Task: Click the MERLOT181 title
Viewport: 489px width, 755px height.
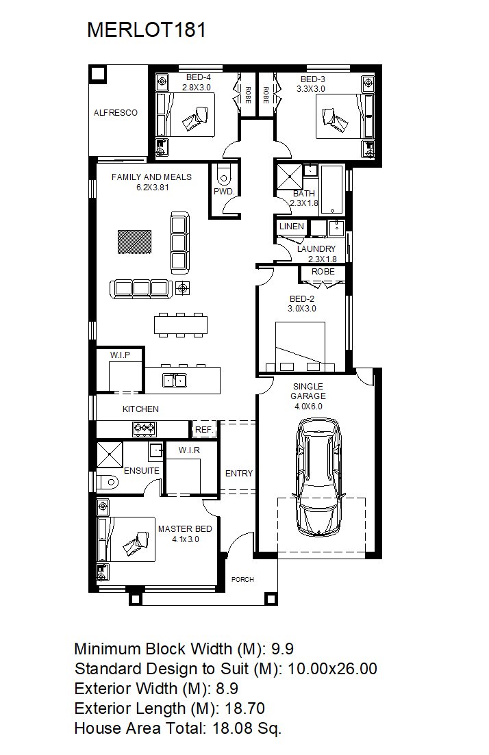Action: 147,30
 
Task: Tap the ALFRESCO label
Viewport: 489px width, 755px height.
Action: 116,113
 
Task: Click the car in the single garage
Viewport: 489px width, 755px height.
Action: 318,477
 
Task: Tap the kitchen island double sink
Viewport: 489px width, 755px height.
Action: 174,381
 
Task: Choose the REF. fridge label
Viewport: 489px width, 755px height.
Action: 204,429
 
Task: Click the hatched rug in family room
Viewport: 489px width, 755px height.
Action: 134,241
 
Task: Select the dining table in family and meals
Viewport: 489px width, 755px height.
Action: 181,325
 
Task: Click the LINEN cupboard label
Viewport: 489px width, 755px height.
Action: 292,227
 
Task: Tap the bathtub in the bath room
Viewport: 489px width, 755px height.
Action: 332,190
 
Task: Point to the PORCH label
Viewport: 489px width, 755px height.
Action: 242,579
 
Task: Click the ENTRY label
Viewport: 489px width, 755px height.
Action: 239,473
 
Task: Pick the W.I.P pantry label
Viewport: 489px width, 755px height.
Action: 120,355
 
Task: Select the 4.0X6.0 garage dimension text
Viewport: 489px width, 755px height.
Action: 308,407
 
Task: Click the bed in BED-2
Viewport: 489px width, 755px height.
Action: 300,346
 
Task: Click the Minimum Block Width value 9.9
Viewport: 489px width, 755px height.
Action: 282,649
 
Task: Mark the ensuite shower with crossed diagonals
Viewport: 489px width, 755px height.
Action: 110,454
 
